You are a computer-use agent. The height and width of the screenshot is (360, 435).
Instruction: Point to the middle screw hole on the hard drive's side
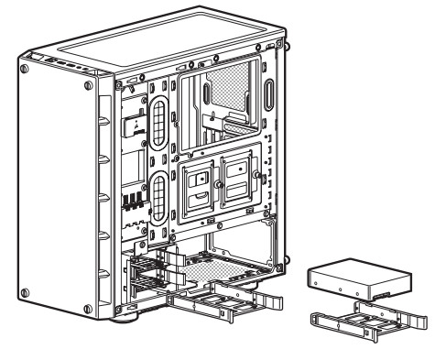coord(342,290)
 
